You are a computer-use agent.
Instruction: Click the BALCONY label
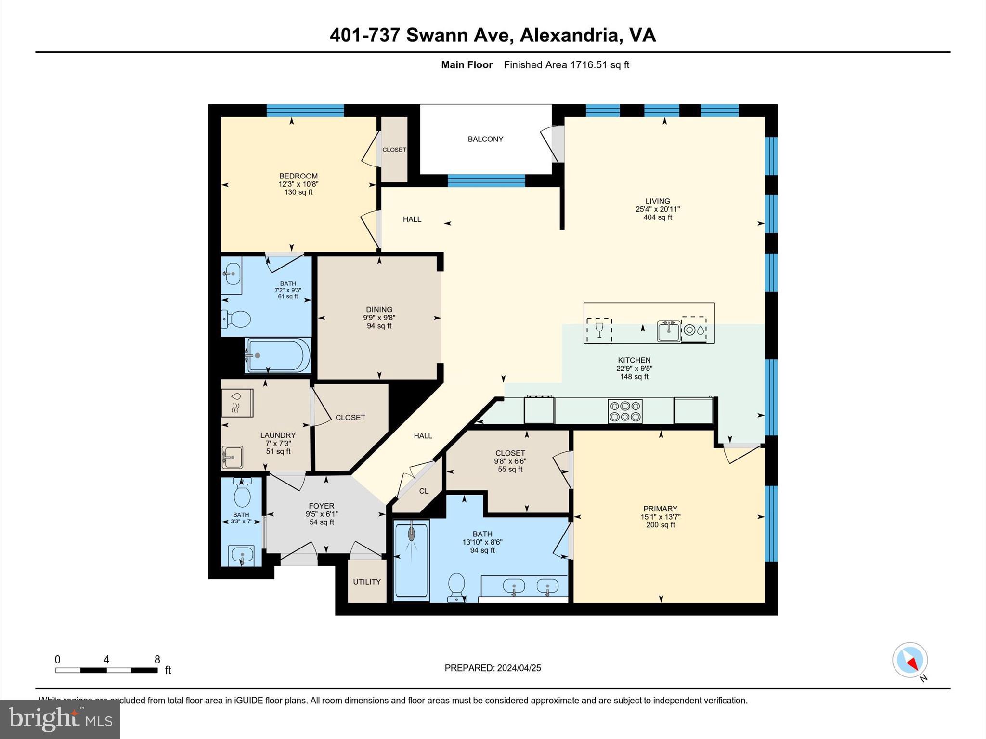pyautogui.click(x=485, y=139)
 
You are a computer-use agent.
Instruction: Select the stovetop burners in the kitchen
pyautogui.click(x=625, y=411)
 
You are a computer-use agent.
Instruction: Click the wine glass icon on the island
pyautogui.click(x=599, y=330)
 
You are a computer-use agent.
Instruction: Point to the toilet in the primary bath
pyautogui.click(x=455, y=587)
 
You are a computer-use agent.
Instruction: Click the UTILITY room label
pyautogui.click(x=367, y=582)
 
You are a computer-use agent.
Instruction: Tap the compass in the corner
pyautogui.click(x=909, y=660)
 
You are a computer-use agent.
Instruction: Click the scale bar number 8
pyautogui.click(x=157, y=660)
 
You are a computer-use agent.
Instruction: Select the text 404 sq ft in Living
pyautogui.click(x=658, y=217)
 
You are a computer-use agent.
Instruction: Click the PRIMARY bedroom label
pyautogui.click(x=660, y=509)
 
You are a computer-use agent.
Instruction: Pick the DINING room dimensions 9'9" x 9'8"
pyautogui.click(x=379, y=318)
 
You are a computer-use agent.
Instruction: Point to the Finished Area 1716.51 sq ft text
pyautogui.click(x=566, y=65)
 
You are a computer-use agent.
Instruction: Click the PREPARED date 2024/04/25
pyautogui.click(x=519, y=668)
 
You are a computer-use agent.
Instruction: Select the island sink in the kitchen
pyautogui.click(x=669, y=331)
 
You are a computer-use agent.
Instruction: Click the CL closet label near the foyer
pyautogui.click(x=424, y=491)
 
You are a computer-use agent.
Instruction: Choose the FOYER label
pyautogui.click(x=321, y=506)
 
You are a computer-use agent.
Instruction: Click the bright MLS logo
pyautogui.click(x=60, y=719)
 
